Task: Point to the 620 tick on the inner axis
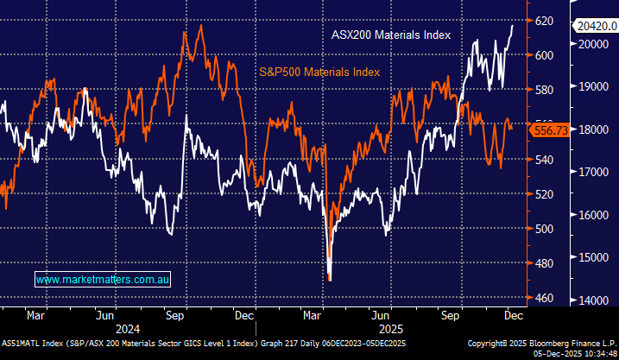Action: [544, 20]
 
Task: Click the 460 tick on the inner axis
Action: [544, 298]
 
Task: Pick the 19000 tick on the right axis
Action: [596, 87]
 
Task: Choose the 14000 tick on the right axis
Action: [596, 300]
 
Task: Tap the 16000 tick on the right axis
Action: [596, 215]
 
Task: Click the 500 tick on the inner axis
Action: [544, 229]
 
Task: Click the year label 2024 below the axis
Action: [128, 328]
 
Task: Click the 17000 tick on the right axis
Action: [596, 172]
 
